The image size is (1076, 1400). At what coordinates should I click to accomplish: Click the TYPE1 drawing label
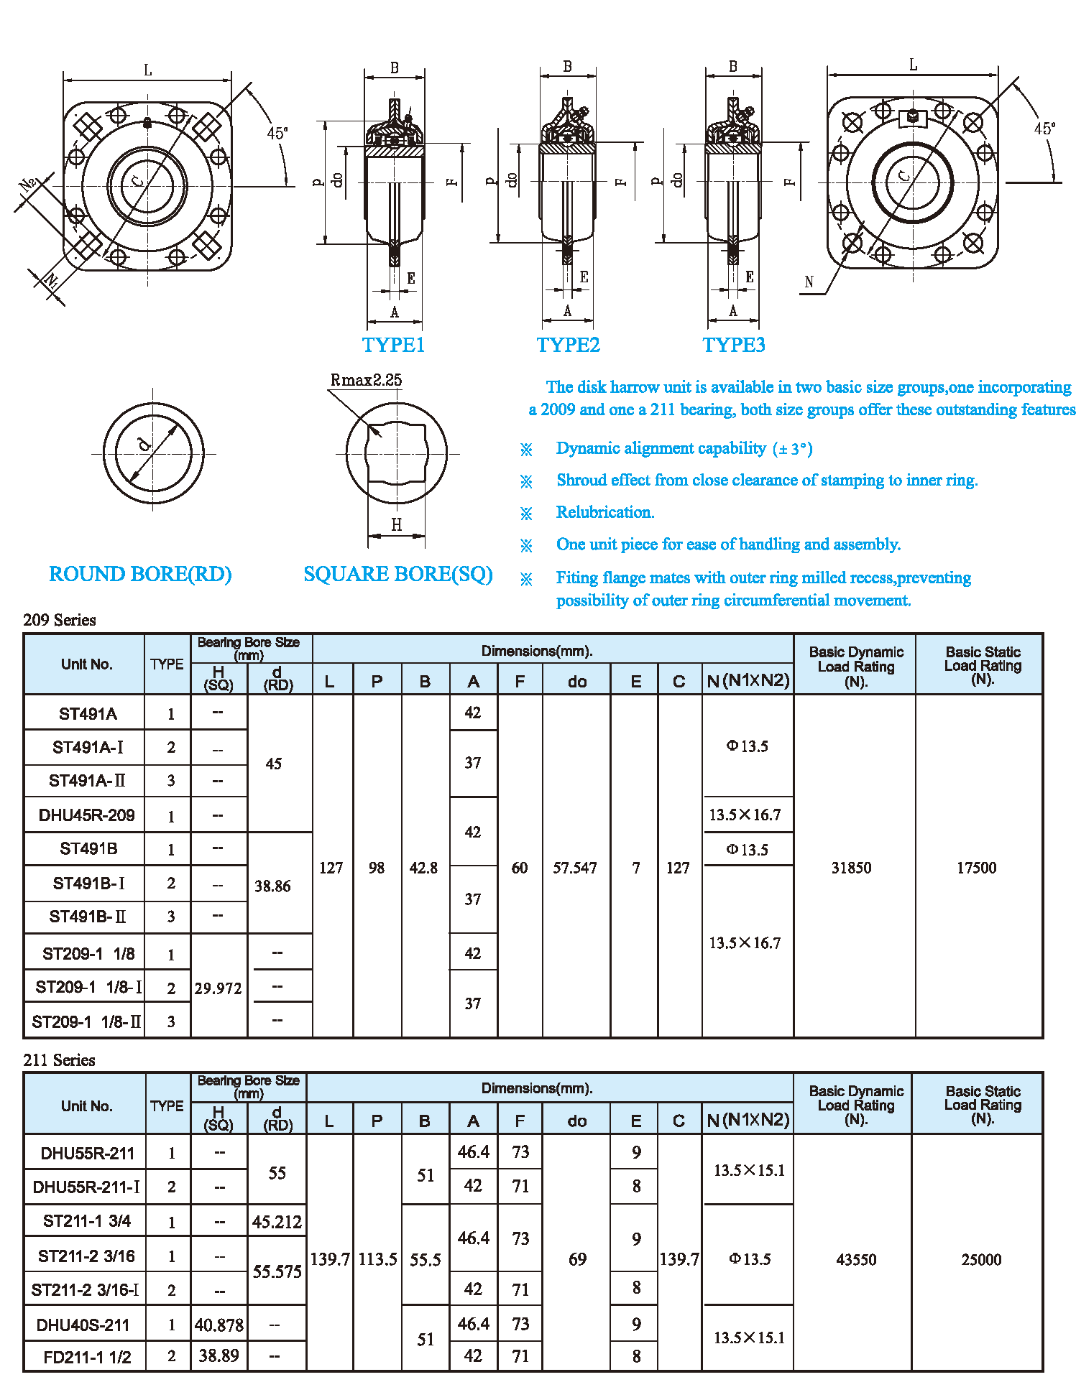[x=393, y=345]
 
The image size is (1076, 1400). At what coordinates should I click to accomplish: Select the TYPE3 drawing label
[x=733, y=345]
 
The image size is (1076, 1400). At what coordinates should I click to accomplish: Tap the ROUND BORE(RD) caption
[x=140, y=574]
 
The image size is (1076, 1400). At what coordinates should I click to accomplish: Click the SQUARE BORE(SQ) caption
[x=397, y=574]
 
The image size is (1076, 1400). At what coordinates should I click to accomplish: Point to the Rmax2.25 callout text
[x=366, y=380]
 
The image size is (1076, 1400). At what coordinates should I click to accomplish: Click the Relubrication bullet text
[x=604, y=512]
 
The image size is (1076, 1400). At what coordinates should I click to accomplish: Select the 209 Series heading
[x=60, y=620]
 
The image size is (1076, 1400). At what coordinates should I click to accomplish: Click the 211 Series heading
[x=59, y=1060]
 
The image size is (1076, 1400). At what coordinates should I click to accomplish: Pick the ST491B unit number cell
[x=88, y=849]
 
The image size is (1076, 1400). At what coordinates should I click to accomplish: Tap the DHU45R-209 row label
[x=86, y=815]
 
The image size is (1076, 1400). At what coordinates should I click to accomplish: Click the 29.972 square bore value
[x=218, y=988]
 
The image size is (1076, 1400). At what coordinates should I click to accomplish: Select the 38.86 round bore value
[x=272, y=886]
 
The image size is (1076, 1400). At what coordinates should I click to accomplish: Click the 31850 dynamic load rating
[x=851, y=868]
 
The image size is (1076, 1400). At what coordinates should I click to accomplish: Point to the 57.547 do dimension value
[x=574, y=868]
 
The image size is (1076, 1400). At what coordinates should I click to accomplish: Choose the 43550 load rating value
[x=855, y=1259]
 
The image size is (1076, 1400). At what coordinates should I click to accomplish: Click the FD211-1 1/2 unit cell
[x=87, y=1357]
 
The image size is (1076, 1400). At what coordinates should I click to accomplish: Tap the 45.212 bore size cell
[x=277, y=1222]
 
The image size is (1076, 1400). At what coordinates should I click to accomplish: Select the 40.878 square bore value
[x=219, y=1325]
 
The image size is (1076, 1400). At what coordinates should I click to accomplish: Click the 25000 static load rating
[x=980, y=1259]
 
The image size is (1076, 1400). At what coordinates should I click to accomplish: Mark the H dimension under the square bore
[x=396, y=525]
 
